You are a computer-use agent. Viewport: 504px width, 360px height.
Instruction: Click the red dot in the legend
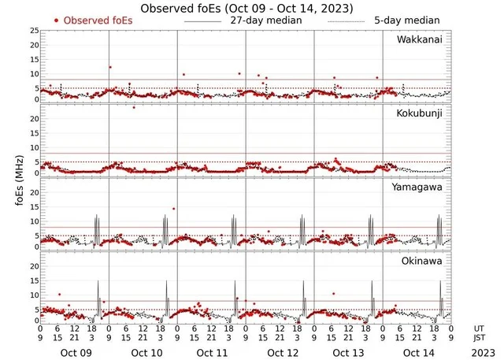[x=56, y=20]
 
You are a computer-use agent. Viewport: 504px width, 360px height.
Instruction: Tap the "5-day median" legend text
[x=409, y=20]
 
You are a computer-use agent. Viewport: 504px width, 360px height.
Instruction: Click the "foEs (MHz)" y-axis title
[x=11, y=178]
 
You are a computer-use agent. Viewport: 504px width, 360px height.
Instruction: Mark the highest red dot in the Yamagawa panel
[x=173, y=209]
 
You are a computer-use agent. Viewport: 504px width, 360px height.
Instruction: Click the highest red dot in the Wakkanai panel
[x=110, y=68]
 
